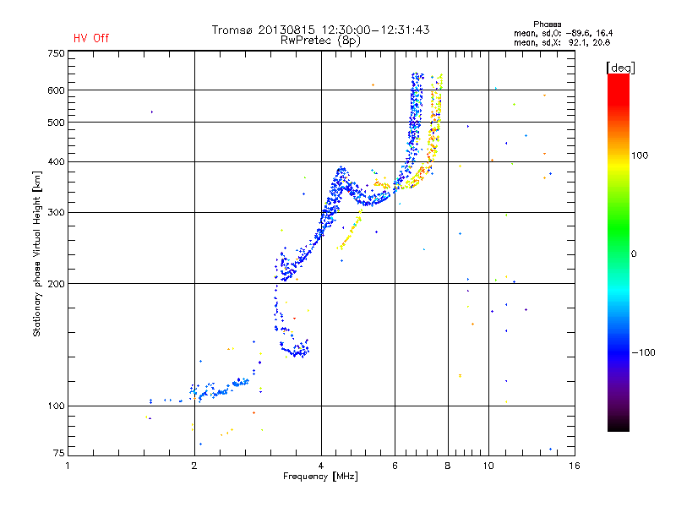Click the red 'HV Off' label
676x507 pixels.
(90, 38)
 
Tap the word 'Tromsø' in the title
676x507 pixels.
(235, 30)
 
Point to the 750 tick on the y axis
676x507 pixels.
(55, 53)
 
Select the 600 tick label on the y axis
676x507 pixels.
(55, 90)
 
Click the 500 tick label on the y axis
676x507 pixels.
(55, 123)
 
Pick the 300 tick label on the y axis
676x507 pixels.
(55, 212)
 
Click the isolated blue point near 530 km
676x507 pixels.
(152, 112)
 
